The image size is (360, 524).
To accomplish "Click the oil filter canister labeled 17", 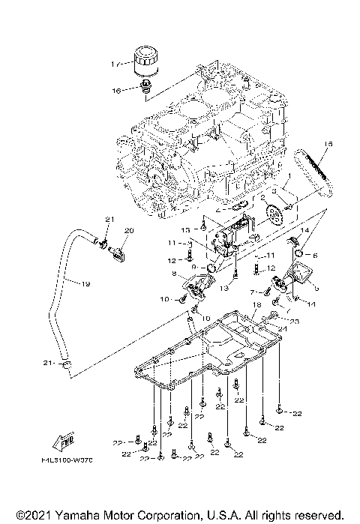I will [x=146, y=62].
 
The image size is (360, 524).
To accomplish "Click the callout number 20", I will [x=128, y=230].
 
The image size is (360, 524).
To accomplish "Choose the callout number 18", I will [x=257, y=305].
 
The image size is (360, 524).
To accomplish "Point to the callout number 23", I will [x=295, y=321].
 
